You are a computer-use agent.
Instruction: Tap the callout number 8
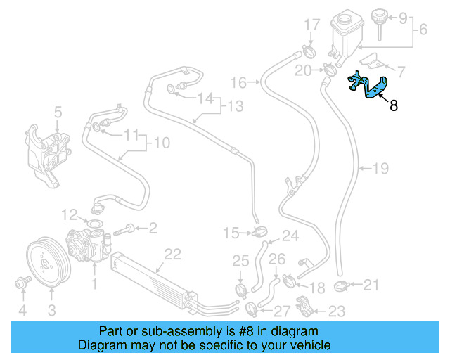pos(393,107)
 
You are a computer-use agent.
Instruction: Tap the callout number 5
pos(58,111)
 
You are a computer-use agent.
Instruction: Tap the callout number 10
pos(162,143)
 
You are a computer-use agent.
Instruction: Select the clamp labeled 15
pos(259,231)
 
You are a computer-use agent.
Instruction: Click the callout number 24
pos(290,236)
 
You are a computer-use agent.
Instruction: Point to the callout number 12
pos(69,213)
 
